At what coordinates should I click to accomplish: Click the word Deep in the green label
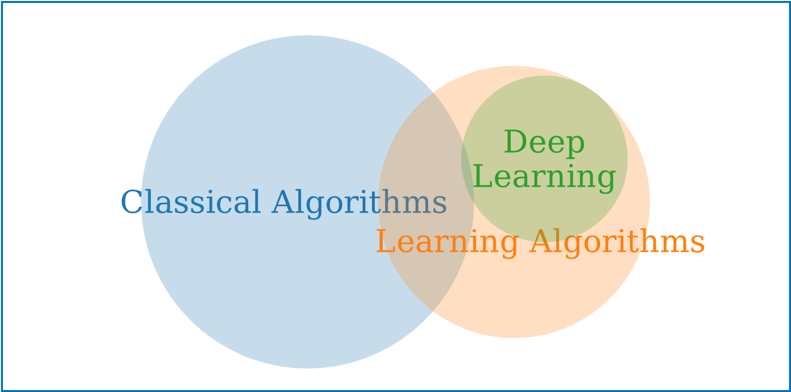click(544, 143)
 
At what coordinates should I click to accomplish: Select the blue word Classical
click(196, 202)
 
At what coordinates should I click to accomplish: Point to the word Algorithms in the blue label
click(362, 202)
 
